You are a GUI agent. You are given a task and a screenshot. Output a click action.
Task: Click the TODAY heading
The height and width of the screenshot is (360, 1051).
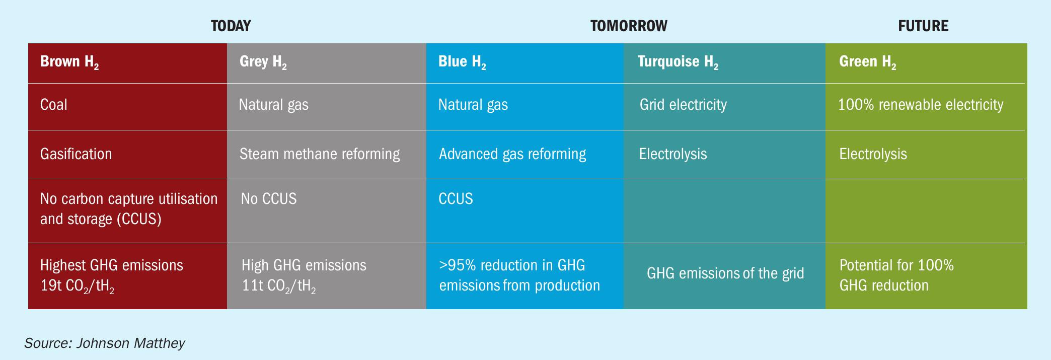tap(231, 26)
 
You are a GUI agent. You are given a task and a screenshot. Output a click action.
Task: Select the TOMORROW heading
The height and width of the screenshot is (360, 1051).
tap(629, 26)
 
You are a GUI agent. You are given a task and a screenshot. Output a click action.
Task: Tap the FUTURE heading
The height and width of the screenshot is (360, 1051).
tap(923, 26)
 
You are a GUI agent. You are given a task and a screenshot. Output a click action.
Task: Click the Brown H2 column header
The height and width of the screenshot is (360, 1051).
tap(69, 62)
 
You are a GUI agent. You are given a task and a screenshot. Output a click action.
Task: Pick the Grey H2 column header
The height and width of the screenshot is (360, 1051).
tap(263, 62)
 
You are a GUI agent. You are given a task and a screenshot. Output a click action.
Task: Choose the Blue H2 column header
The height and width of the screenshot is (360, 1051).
tap(462, 62)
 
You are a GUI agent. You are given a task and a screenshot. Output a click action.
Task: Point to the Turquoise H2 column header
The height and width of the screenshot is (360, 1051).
tap(678, 62)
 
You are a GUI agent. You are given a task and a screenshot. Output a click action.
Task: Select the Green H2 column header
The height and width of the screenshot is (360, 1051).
tap(868, 62)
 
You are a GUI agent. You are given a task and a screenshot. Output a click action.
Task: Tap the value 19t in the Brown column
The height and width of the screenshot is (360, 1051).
tap(50, 286)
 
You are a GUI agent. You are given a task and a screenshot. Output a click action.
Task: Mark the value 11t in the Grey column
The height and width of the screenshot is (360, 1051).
tap(252, 286)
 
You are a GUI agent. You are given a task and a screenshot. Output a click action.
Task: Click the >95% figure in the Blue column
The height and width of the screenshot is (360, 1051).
tap(456, 265)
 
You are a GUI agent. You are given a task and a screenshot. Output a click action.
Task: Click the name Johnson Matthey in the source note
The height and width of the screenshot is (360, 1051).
tap(130, 343)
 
